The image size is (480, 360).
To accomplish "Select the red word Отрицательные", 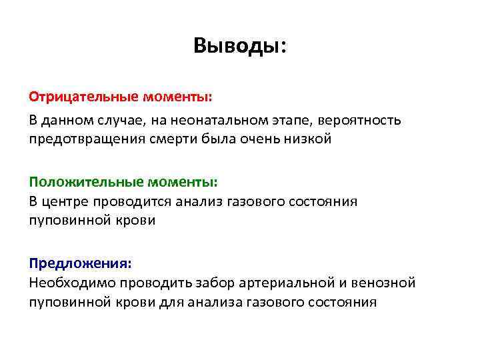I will click(x=83, y=97).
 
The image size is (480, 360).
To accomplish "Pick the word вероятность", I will click(x=360, y=121).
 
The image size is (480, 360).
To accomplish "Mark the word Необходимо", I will click(x=72, y=283).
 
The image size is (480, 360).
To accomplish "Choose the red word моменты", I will click(x=177, y=97).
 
